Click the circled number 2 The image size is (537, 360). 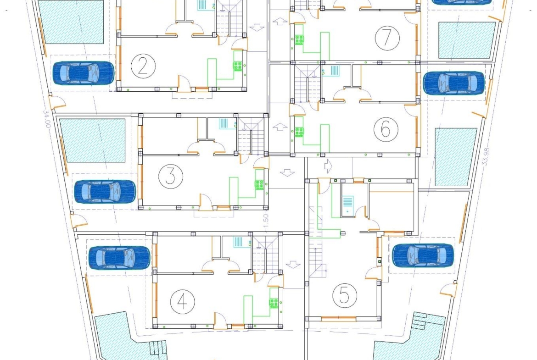(x=142, y=67)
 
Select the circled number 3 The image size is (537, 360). (x=170, y=177)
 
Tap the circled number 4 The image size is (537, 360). (x=182, y=301)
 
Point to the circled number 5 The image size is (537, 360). (x=345, y=296)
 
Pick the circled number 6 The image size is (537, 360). (x=385, y=130)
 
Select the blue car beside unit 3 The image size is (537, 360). (x=105, y=192)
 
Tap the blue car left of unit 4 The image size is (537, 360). (x=119, y=258)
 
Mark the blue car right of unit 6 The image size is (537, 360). (x=453, y=83)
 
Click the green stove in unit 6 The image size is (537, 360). (x=299, y=132)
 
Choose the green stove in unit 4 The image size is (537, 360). (x=274, y=303)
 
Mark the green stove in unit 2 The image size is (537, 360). (x=238, y=66)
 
